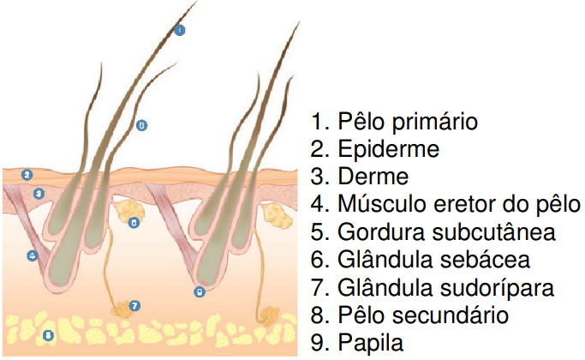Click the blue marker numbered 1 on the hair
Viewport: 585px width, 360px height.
pyautogui.click(x=180, y=29)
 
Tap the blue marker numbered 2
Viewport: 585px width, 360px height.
pyautogui.click(x=27, y=175)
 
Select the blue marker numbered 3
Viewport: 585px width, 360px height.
pyautogui.click(x=39, y=194)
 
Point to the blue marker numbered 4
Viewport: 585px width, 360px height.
pyautogui.click(x=32, y=255)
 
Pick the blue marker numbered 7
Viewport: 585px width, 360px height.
pyautogui.click(x=134, y=305)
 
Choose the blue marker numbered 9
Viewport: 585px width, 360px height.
pyautogui.click(x=199, y=291)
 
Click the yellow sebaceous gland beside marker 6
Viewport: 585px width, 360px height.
pyautogui.click(x=129, y=208)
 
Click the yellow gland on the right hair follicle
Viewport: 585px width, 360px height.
pyautogui.click(x=274, y=214)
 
